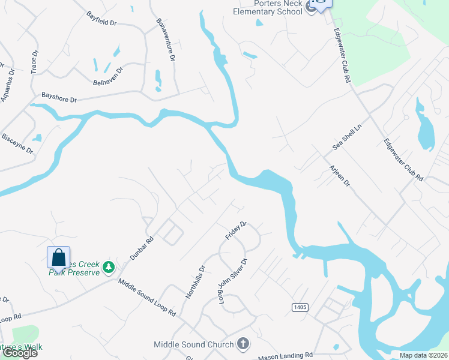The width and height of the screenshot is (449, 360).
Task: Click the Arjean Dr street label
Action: click(339, 174)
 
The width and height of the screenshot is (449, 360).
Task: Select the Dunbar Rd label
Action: click(142, 248)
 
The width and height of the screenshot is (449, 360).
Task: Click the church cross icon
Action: click(243, 344)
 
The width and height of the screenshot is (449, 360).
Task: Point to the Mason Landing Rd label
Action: click(286, 356)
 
